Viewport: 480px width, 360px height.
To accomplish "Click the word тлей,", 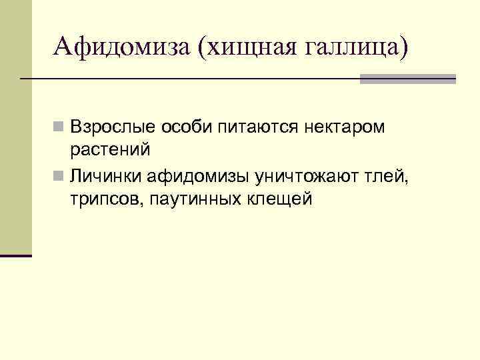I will point(393,176).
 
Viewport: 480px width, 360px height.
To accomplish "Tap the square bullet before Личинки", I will point(60,176).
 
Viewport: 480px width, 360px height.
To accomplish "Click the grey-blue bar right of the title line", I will point(407,79).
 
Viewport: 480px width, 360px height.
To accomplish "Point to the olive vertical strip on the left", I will point(15,127).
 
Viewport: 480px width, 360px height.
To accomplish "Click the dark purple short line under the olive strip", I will point(15,255).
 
